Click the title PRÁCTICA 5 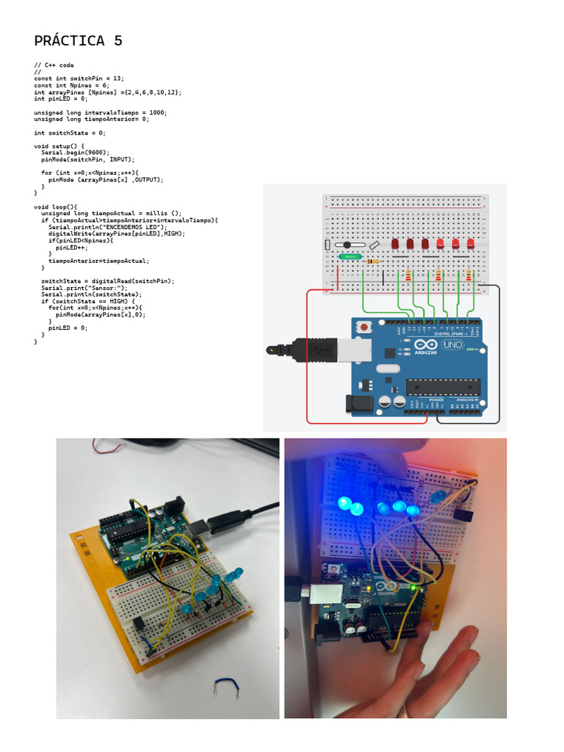(79, 41)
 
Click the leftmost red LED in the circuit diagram (395, 243)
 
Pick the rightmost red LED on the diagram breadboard (471, 243)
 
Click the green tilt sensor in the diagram (350, 257)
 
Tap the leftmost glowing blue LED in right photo (344, 504)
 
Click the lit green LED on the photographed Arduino (415, 587)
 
